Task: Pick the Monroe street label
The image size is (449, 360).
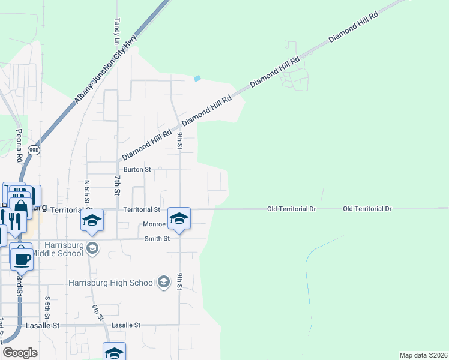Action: tap(154, 224)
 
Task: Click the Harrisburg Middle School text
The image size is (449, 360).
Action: tap(57, 253)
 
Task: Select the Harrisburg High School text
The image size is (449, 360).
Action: tap(112, 283)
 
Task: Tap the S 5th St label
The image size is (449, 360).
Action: tap(47, 308)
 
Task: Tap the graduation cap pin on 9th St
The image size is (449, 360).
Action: tap(179, 218)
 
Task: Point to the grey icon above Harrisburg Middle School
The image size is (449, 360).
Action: tap(92, 247)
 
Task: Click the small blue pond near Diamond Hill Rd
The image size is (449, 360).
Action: tap(197, 79)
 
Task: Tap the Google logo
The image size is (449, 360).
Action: tap(20, 352)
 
